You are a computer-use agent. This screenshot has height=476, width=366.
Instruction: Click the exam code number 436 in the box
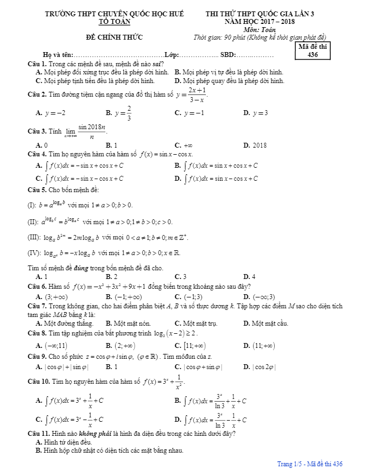point(312,54)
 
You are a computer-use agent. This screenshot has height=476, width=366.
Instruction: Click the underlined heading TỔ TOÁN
point(114,22)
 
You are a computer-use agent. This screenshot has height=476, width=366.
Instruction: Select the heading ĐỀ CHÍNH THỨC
point(114,37)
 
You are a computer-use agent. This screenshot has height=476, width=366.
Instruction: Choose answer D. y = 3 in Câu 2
point(256,113)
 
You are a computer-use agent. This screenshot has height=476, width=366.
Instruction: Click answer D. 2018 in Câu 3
point(255,145)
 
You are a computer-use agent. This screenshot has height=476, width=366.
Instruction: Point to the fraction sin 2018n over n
point(92,132)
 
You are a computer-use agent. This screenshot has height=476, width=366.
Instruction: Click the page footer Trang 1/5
point(291,464)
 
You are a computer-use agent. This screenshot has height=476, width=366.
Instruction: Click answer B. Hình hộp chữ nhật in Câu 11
point(109,450)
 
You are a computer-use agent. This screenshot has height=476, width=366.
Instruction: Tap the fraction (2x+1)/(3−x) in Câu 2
point(197,95)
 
